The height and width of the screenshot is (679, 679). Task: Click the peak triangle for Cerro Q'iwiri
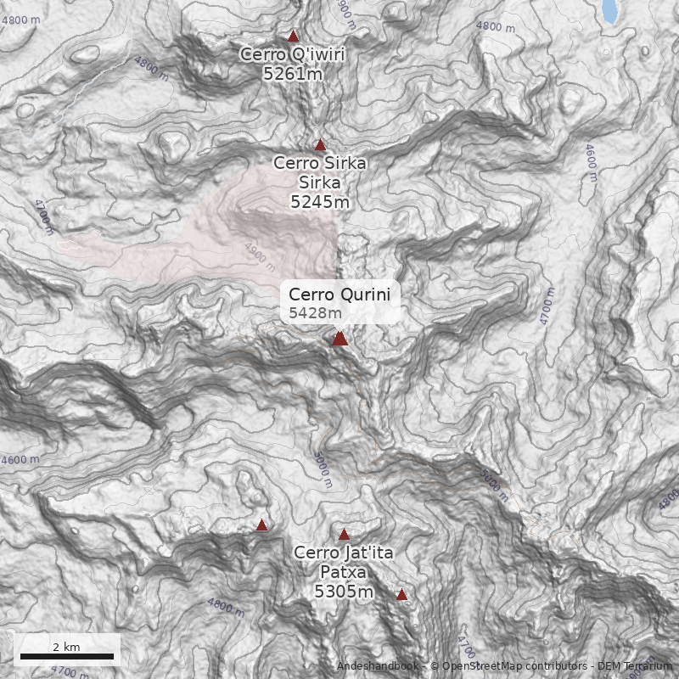(x=294, y=36)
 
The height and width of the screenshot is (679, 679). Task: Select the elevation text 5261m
(x=293, y=74)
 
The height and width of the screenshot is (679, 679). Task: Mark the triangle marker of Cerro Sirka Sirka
(x=320, y=145)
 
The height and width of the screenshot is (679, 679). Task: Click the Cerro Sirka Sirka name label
(x=319, y=173)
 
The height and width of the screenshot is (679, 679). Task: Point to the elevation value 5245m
(x=319, y=202)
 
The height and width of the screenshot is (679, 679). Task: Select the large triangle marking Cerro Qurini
(x=339, y=339)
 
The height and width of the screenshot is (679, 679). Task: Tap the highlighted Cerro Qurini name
(x=339, y=295)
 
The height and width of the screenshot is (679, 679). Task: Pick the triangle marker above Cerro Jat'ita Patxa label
(x=344, y=535)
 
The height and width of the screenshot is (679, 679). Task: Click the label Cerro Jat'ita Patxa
(x=344, y=562)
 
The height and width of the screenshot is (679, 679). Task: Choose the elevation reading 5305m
(x=344, y=592)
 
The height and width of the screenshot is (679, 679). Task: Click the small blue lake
(x=609, y=11)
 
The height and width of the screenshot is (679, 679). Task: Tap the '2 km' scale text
(x=66, y=647)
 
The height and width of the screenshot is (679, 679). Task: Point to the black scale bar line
(x=66, y=656)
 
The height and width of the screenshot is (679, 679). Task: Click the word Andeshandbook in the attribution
(x=377, y=666)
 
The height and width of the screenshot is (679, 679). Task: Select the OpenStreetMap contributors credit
(x=509, y=666)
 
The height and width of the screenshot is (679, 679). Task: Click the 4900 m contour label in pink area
(x=261, y=252)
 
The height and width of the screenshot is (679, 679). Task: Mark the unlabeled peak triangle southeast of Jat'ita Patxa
(x=401, y=595)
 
